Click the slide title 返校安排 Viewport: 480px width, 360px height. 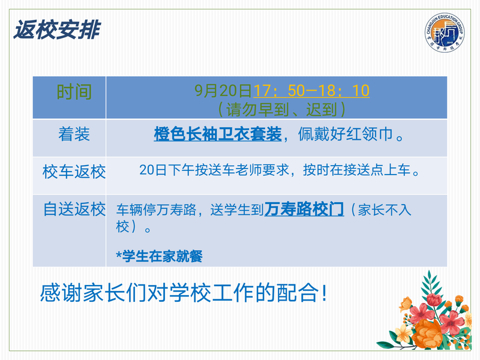(x=57, y=30)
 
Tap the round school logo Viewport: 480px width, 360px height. (x=444, y=32)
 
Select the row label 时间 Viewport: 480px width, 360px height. (x=74, y=92)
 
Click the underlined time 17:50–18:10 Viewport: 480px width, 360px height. (x=311, y=91)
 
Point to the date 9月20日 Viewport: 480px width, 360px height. (x=223, y=91)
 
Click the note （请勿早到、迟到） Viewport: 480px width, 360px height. (x=281, y=110)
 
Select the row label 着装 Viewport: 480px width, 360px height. (x=74, y=134)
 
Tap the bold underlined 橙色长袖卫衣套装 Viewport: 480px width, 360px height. (x=218, y=134)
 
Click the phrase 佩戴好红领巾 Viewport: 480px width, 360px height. (x=346, y=134)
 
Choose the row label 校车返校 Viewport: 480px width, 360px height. (x=74, y=172)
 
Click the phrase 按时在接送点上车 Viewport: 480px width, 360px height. (x=356, y=170)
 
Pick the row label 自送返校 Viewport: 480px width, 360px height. (x=74, y=209)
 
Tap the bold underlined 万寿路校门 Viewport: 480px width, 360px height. (x=304, y=209)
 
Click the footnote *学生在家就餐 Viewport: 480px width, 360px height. (x=159, y=256)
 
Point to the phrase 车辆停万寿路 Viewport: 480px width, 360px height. (x=156, y=210)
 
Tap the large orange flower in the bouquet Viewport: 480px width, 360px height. (x=427, y=334)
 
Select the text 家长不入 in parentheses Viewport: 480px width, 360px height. (x=385, y=210)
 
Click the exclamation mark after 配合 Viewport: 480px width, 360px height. (x=324, y=293)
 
